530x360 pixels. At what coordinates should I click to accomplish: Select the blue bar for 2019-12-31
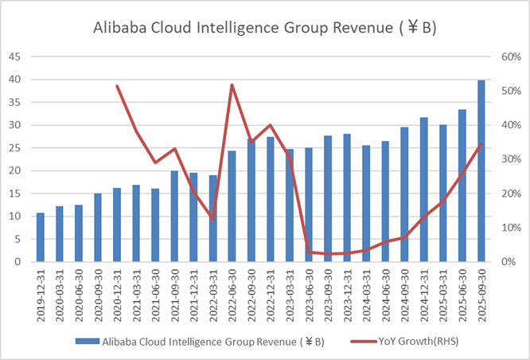click(41, 237)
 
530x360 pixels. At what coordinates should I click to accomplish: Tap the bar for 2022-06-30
click(232, 206)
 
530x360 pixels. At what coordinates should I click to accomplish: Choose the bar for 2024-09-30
click(405, 194)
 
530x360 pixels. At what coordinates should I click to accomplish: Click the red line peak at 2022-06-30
click(232, 85)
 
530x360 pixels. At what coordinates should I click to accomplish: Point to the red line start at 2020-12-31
click(117, 86)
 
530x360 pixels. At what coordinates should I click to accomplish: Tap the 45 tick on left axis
click(15, 57)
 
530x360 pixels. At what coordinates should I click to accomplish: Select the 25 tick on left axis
click(15, 148)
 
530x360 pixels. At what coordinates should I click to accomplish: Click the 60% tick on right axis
click(509, 57)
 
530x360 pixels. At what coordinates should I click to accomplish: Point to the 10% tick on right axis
click(509, 228)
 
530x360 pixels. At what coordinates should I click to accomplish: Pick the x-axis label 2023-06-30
click(310, 288)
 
